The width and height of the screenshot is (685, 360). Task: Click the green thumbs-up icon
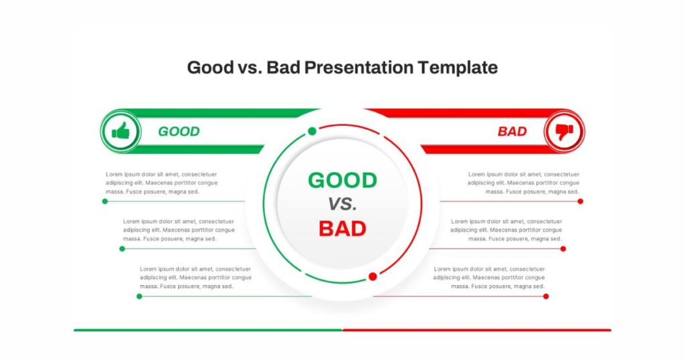click(x=120, y=130)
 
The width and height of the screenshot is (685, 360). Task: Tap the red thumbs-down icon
click(x=564, y=132)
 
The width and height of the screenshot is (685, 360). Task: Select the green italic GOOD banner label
click(x=179, y=132)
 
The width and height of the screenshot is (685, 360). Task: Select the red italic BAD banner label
click(x=512, y=132)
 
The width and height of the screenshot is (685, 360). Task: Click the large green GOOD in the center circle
click(x=342, y=181)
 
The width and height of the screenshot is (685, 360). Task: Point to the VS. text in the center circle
click(x=342, y=204)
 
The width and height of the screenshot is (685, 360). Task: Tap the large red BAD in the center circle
click(x=342, y=228)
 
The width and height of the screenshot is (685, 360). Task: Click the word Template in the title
click(x=458, y=68)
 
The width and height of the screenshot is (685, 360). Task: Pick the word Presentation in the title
click(x=359, y=68)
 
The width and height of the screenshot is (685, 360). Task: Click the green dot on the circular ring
click(x=312, y=131)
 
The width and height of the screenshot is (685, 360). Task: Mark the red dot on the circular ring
click(x=373, y=276)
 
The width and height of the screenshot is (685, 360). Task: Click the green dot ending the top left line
click(x=105, y=201)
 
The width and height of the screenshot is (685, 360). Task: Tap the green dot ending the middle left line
click(x=122, y=249)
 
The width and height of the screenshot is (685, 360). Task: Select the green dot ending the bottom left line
click(x=139, y=296)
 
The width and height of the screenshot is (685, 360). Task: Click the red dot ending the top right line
click(x=580, y=201)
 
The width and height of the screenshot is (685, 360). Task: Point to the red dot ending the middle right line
click(x=563, y=249)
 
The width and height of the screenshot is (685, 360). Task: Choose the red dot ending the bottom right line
click(x=546, y=296)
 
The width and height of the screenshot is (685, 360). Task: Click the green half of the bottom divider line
click(x=208, y=331)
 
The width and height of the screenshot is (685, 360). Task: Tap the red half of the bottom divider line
click(x=477, y=331)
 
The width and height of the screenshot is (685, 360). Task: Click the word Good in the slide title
click(x=211, y=68)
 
